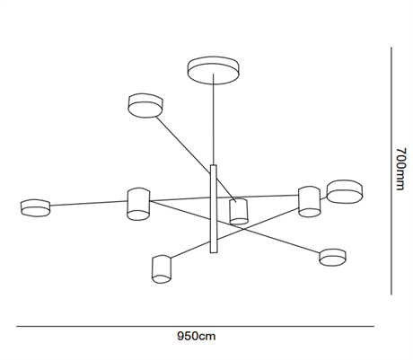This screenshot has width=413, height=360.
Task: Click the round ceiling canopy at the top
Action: click(214, 70)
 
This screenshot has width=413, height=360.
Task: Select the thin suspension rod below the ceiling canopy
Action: click(214, 119)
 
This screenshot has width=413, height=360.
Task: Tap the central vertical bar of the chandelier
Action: click(214, 208)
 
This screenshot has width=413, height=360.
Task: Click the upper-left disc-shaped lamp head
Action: click(145, 105)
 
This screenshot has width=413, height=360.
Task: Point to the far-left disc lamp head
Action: click(35, 207)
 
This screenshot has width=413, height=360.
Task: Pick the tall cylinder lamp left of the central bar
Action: click(138, 204)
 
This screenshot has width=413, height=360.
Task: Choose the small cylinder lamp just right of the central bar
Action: click(239, 211)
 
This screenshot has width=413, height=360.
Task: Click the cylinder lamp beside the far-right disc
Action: click(310, 201)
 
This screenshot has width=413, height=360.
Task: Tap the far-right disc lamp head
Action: click(345, 192)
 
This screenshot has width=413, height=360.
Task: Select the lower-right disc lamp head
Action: click(332, 258)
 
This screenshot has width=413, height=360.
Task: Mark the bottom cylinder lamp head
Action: click(162, 269)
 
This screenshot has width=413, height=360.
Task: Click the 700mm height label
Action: click(400, 169)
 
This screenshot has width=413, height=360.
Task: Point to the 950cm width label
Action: click(197, 336)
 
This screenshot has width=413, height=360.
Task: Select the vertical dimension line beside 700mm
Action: click(391, 171)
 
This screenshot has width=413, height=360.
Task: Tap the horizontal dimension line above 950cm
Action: click(195, 326)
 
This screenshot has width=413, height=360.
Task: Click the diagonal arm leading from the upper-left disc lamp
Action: click(196, 159)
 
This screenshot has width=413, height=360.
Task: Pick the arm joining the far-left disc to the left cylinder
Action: click(89, 203)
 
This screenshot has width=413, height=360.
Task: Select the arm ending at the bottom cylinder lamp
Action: click(234, 233)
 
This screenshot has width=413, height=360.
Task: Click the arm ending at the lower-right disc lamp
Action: click(235, 227)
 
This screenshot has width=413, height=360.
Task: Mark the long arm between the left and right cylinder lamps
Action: click(224, 198)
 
